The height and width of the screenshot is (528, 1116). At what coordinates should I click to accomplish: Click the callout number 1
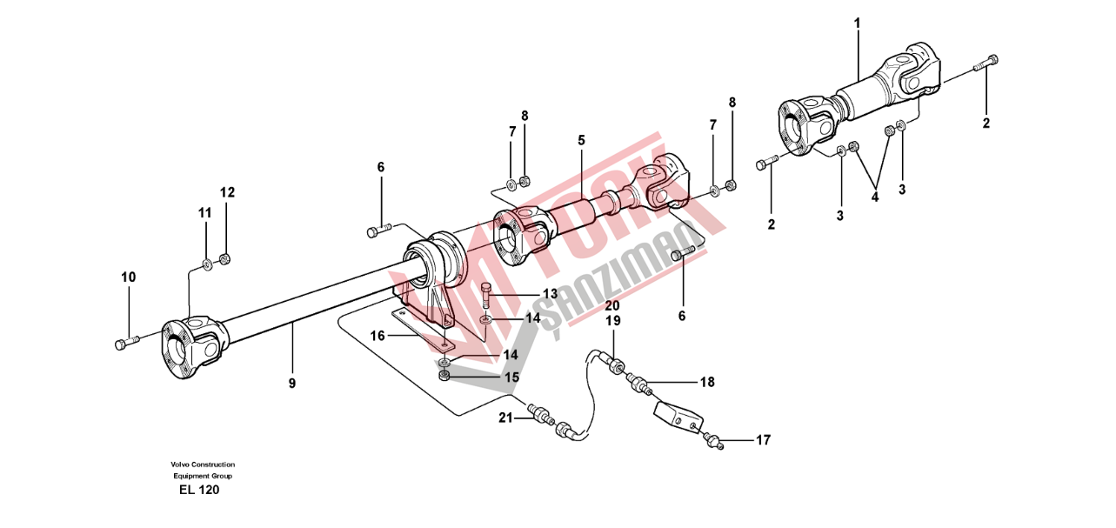[x=857, y=23]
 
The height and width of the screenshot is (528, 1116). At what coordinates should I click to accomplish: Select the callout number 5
[x=581, y=140]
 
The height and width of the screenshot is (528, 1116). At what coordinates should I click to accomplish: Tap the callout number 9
[x=292, y=383]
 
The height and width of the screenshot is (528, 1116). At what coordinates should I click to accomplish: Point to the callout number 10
[x=129, y=277]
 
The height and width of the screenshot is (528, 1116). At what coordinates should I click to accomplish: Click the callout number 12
[x=228, y=192]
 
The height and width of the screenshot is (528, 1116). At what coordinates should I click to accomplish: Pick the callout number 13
[x=551, y=293]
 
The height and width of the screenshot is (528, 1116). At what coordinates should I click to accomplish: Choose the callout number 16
[x=378, y=337]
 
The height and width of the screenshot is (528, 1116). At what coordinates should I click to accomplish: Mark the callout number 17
[x=763, y=440]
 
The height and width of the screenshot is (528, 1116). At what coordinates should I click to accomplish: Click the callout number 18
[x=707, y=382]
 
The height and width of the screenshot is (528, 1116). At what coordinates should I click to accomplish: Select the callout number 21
[x=505, y=418]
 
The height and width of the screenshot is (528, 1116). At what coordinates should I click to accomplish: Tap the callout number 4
[x=875, y=197]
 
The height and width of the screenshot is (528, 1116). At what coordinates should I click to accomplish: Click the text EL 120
[x=199, y=490]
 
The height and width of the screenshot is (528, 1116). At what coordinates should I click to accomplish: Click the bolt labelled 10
[x=127, y=343]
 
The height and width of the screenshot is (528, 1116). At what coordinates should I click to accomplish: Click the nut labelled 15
[x=444, y=376]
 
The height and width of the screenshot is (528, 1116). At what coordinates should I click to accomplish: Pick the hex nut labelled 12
[x=224, y=258]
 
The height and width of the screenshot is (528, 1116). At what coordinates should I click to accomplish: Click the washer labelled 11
[x=207, y=264]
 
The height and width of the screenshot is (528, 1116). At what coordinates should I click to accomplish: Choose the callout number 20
[x=613, y=305]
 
